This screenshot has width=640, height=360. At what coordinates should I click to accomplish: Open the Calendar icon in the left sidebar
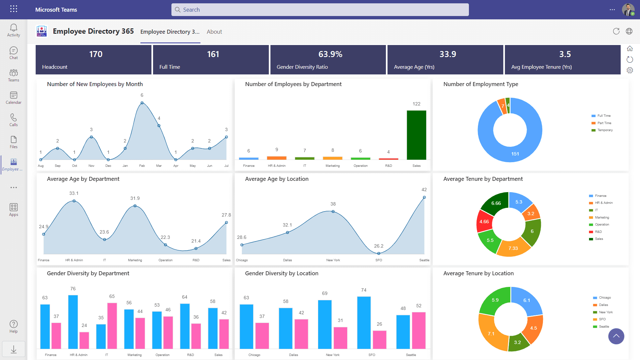(13, 98)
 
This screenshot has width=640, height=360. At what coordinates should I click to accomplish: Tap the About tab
(214, 32)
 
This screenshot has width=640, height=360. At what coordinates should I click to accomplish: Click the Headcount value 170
(96, 54)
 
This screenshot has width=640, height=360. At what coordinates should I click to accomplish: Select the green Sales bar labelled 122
(416, 135)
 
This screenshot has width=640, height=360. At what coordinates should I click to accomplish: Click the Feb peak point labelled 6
(142, 103)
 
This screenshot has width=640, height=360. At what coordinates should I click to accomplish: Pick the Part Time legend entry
(604, 123)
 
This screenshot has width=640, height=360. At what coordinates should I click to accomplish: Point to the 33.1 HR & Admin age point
(74, 201)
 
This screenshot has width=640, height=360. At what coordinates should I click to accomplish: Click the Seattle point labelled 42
(424, 198)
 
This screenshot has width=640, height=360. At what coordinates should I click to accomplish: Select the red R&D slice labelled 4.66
(484, 222)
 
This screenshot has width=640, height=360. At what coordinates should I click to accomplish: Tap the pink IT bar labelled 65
(112, 325)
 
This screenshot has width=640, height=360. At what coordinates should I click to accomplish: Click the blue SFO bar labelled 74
(364, 322)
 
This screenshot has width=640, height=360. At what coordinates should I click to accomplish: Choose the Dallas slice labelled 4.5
(534, 328)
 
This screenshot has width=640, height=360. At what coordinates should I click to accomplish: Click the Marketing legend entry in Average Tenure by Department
(602, 218)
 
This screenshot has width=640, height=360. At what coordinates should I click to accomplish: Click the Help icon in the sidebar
(13, 326)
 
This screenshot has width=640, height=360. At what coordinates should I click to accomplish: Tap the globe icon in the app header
(629, 31)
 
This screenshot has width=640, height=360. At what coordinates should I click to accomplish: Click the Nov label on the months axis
(91, 166)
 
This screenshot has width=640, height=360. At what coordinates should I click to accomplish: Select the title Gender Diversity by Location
(281, 273)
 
